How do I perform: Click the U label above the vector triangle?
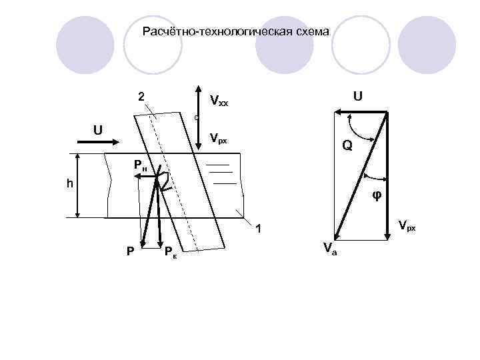point(358,96)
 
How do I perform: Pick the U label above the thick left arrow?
point(97,129)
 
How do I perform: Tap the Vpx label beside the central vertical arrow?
point(218,139)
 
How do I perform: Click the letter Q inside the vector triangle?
point(347,145)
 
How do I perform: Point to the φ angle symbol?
point(376,196)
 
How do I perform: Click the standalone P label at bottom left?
point(131,251)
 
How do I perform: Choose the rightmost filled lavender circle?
point(431,45)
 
